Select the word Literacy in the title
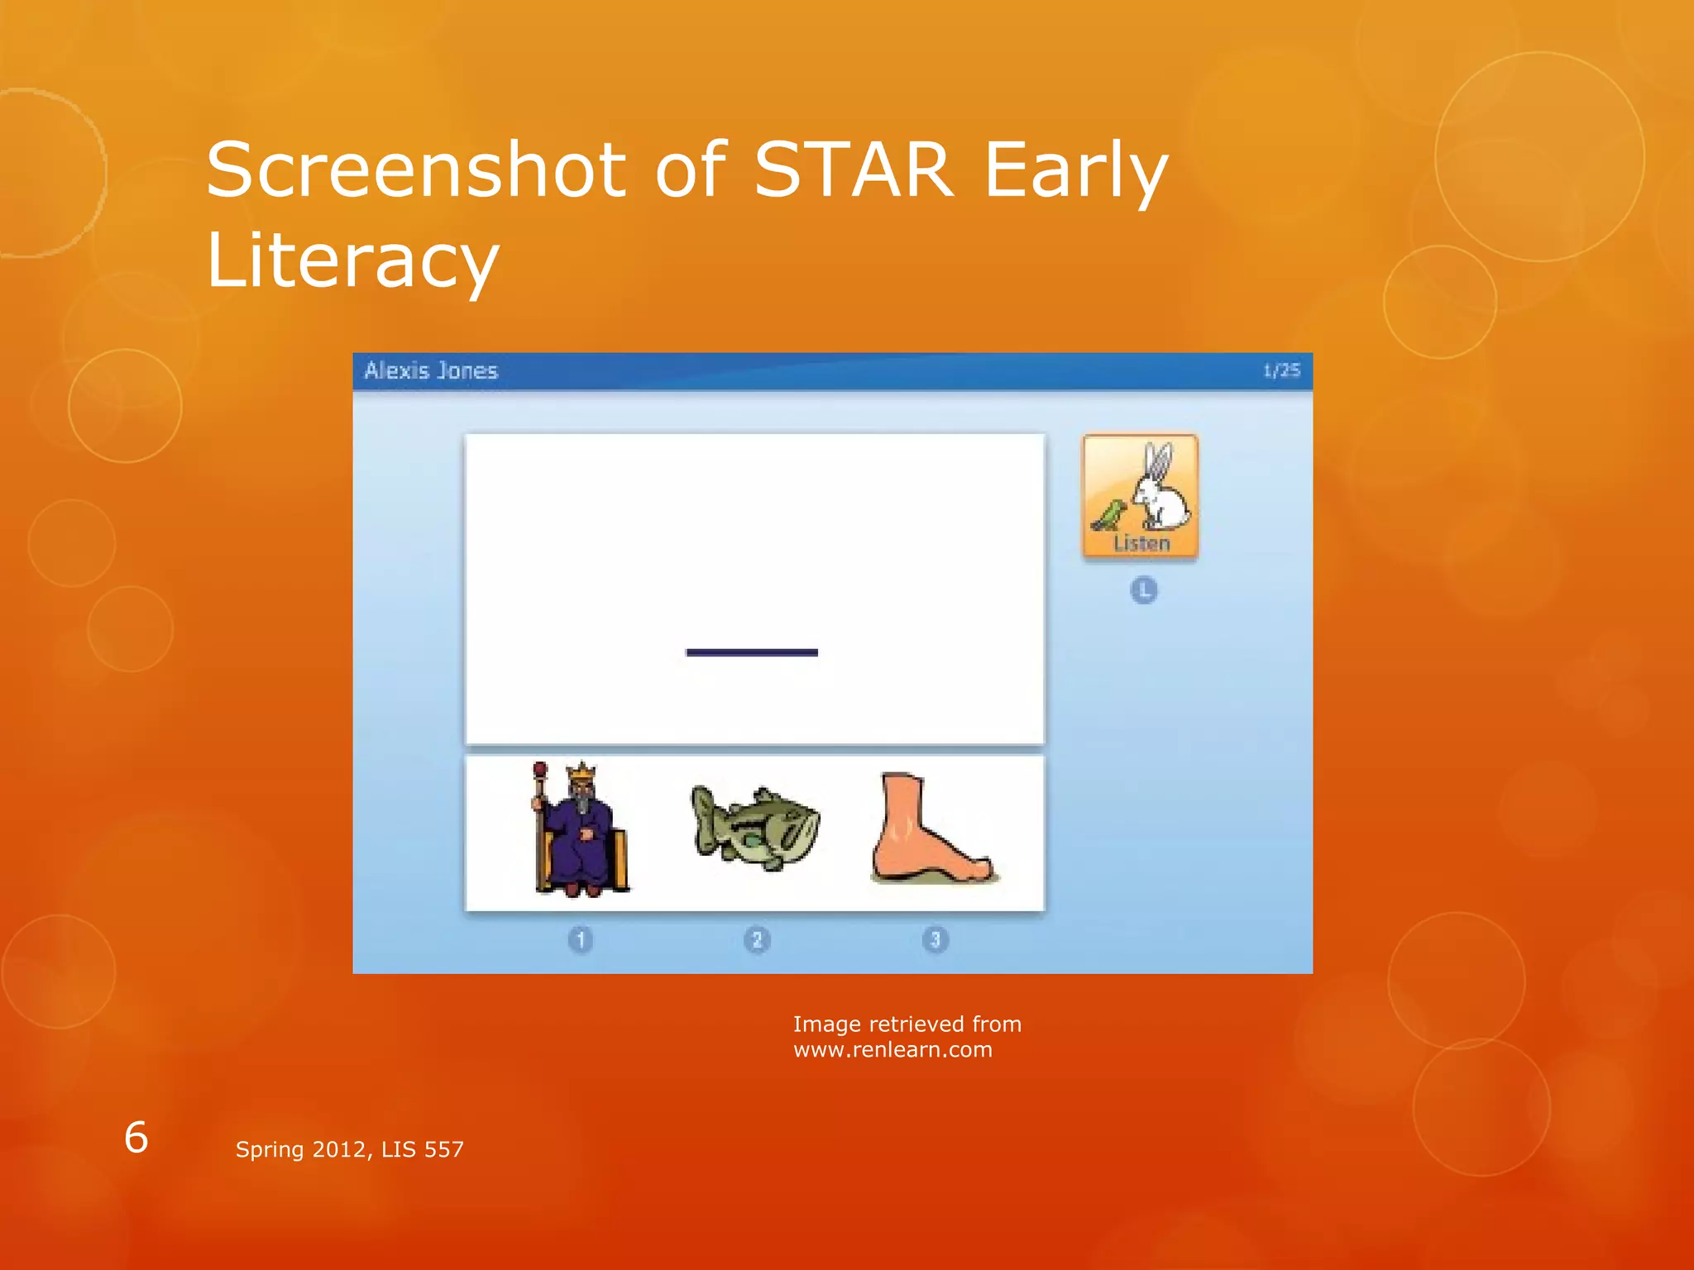[x=352, y=261]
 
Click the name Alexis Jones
[x=431, y=370]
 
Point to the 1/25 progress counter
[x=1281, y=370]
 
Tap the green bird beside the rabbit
[x=1108, y=514]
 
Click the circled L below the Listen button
[x=1144, y=590]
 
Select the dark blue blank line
[x=752, y=652]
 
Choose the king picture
[x=581, y=829]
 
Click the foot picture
[x=931, y=829]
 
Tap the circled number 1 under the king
[x=581, y=940]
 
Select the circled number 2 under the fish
[x=757, y=940]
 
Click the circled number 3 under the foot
[x=936, y=940]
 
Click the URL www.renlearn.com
[x=892, y=1050]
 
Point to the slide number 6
[x=136, y=1138]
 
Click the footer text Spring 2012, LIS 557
[x=350, y=1149]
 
